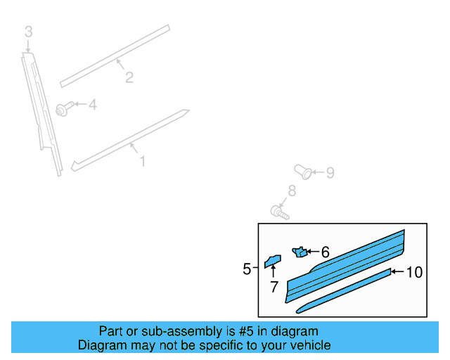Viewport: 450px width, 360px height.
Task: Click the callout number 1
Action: tap(143, 162)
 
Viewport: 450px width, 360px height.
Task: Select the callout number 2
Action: tap(129, 77)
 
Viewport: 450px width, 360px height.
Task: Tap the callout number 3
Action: tap(28, 32)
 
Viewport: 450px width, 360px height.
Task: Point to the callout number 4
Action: tap(92, 105)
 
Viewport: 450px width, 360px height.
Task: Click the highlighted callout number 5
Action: tap(247, 269)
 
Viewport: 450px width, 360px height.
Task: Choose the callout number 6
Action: tap(325, 252)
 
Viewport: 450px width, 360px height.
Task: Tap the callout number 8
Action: tap(292, 191)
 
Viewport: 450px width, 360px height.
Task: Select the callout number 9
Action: tap(329, 172)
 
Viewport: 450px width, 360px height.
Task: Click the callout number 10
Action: tap(415, 272)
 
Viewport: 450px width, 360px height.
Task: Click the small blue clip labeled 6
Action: tap(300, 252)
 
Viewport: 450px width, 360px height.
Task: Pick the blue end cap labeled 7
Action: tap(272, 261)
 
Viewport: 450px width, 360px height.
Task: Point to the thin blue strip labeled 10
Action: tap(345, 290)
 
